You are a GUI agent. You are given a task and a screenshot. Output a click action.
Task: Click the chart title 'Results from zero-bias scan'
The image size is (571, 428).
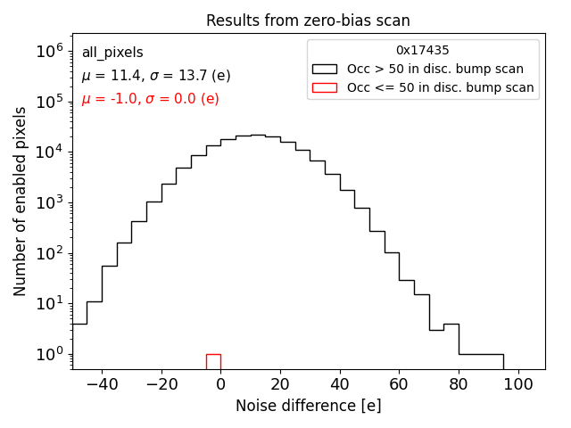point(308,21)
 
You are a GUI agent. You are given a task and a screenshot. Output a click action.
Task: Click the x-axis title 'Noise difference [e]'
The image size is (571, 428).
point(308,406)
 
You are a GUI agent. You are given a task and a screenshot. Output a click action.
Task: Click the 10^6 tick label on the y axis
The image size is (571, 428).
point(48,52)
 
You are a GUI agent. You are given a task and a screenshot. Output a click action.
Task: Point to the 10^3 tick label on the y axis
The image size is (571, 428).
point(48,203)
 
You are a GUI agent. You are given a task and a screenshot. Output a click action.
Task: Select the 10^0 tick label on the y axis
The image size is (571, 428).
point(48,355)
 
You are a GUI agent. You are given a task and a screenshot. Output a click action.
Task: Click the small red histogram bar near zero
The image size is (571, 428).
point(213,361)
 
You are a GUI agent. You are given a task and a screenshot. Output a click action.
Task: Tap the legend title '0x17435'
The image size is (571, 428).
point(423,51)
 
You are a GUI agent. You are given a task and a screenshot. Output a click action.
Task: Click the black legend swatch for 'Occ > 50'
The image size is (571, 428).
point(325,69)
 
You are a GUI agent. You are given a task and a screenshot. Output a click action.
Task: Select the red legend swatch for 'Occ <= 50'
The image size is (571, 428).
point(325,87)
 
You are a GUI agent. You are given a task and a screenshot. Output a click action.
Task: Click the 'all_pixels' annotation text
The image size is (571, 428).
point(112,53)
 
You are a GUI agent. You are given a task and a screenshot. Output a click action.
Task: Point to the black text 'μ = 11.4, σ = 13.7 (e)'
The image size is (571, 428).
point(156,76)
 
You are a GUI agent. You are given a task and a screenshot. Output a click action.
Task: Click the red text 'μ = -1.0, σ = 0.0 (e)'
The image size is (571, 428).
point(150,99)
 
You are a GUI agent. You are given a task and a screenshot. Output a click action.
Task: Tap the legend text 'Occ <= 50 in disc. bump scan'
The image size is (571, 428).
point(440,87)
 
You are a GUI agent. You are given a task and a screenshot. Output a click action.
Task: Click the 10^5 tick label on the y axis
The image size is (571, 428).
point(48,103)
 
